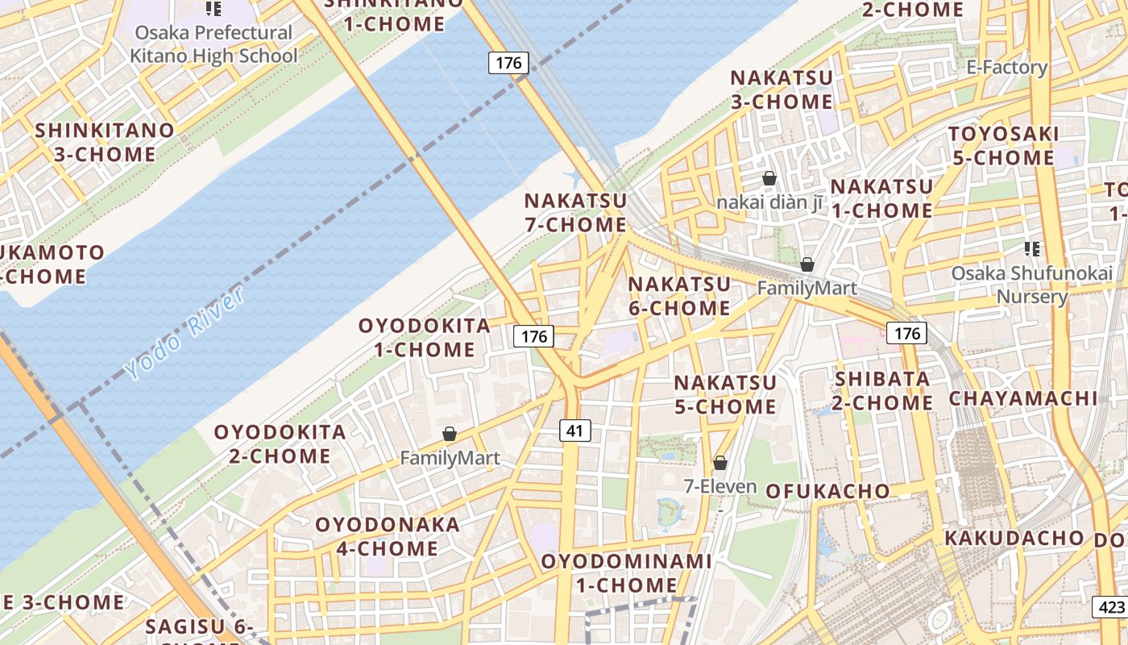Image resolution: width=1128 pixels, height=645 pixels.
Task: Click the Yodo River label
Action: pos(185,333)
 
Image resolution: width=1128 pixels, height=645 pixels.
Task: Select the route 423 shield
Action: pos(1109,607)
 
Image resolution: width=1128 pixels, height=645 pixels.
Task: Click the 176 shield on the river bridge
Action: pos(508,63)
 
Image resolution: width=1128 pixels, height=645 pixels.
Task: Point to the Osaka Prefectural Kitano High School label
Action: pos(214,44)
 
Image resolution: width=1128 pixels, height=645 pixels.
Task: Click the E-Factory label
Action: pos(1007,68)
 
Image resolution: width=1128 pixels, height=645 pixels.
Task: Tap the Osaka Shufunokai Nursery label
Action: pos(1032,285)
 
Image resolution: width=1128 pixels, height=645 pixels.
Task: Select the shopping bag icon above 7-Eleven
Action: pos(720,463)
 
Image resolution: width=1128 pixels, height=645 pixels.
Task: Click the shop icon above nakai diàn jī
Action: pos(769,178)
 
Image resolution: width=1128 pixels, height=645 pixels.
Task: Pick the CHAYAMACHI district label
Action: pos(1022,398)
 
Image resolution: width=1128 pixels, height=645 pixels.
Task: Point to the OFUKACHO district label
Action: pos(827,491)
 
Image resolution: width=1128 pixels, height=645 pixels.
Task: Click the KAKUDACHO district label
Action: pos(1014,538)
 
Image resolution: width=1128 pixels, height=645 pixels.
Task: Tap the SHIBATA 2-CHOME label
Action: pos(882,390)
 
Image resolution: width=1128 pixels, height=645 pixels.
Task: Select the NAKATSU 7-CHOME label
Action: pos(575,213)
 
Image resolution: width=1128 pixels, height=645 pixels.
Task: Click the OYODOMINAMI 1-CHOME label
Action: pos(626,572)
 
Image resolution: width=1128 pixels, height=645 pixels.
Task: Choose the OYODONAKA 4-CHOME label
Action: pos(388,536)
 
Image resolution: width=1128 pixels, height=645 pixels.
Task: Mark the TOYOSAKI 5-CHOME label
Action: pos(1003,145)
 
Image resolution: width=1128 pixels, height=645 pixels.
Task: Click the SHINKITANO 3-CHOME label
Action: pos(105,142)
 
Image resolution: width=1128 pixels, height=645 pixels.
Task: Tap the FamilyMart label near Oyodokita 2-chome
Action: pos(450,458)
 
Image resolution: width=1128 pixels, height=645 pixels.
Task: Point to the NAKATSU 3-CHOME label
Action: pos(781,89)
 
